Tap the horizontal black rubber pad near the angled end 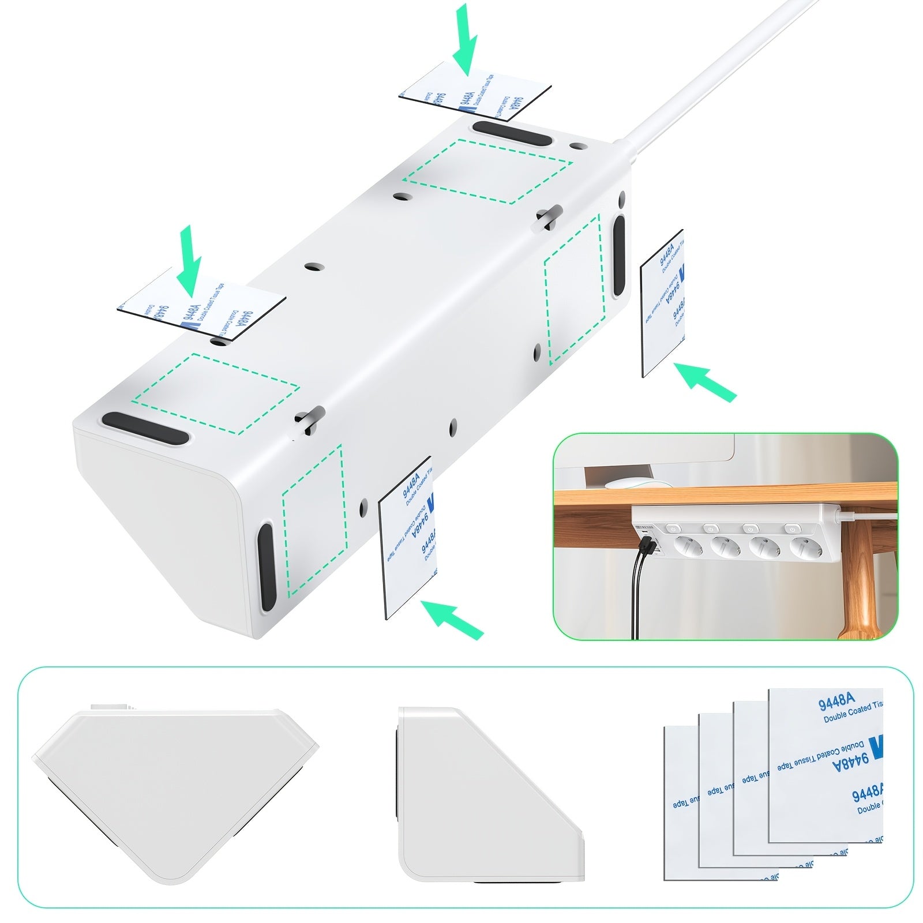145,428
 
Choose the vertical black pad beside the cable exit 618,256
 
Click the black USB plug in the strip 646,544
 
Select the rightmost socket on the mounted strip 805,546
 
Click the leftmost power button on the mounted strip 673,527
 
